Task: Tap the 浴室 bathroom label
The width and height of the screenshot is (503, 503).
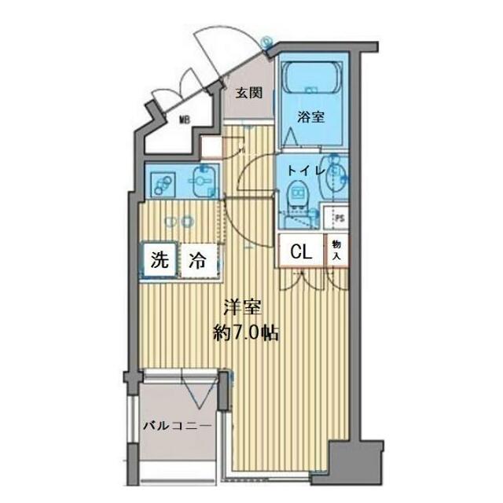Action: click(310, 116)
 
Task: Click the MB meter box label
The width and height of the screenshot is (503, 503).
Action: click(185, 120)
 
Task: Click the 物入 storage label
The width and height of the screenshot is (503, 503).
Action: click(336, 251)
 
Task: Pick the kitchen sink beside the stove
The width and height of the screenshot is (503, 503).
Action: click(203, 183)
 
